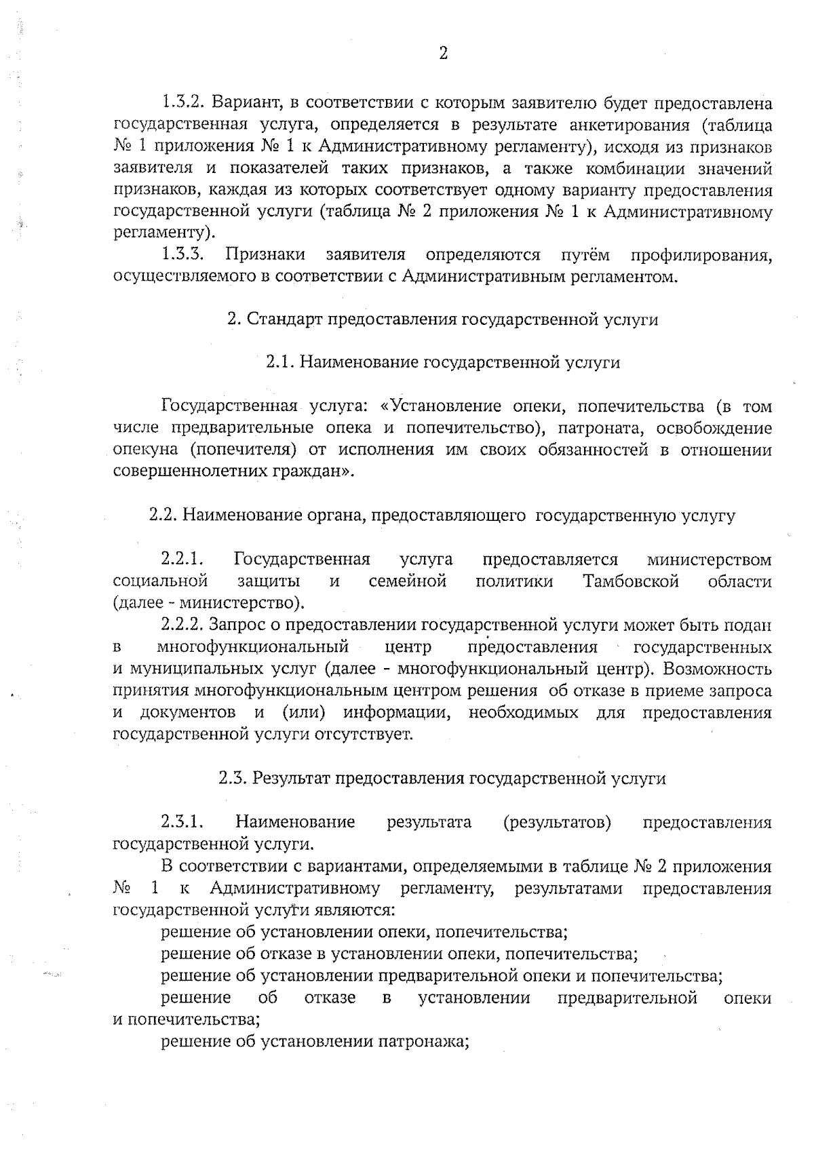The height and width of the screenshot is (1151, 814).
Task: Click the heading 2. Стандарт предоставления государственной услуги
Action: (442, 319)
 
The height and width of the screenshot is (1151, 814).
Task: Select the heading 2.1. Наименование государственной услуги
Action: (442, 363)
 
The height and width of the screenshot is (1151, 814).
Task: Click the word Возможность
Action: (717, 669)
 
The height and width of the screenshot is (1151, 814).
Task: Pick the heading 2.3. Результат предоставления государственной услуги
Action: (442, 779)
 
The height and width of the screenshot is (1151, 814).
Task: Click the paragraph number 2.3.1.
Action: (182, 823)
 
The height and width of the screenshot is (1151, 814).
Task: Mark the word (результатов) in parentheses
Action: (557, 823)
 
